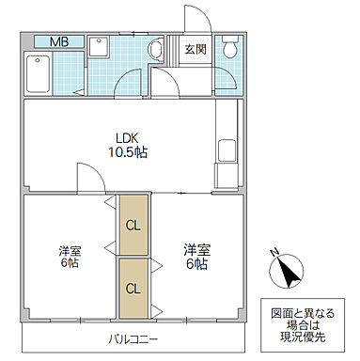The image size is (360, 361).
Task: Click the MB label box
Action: pyautogui.click(x=58, y=41)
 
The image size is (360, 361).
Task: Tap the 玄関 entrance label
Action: pyautogui.click(x=195, y=49)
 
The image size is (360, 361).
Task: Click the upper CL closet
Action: pyautogui.click(x=133, y=225)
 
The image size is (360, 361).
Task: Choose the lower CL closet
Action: pyautogui.click(x=133, y=288)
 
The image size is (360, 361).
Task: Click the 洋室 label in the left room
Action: pyautogui.click(x=69, y=251)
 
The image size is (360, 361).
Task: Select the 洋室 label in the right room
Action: pyautogui.click(x=196, y=249)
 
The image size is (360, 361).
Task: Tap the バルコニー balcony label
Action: pyautogui.click(x=133, y=339)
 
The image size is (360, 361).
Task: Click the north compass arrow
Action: pyautogui.click(x=289, y=273)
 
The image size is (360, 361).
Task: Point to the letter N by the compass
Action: pyautogui.click(x=274, y=252)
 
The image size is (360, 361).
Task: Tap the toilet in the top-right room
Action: pyautogui.click(x=228, y=48)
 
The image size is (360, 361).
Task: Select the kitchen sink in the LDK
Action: pyautogui.click(x=227, y=151)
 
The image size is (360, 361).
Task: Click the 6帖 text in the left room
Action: pyautogui.click(x=69, y=266)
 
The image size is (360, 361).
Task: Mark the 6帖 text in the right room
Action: pyautogui.click(x=196, y=264)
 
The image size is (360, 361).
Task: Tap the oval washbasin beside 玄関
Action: pyautogui.click(x=157, y=51)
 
